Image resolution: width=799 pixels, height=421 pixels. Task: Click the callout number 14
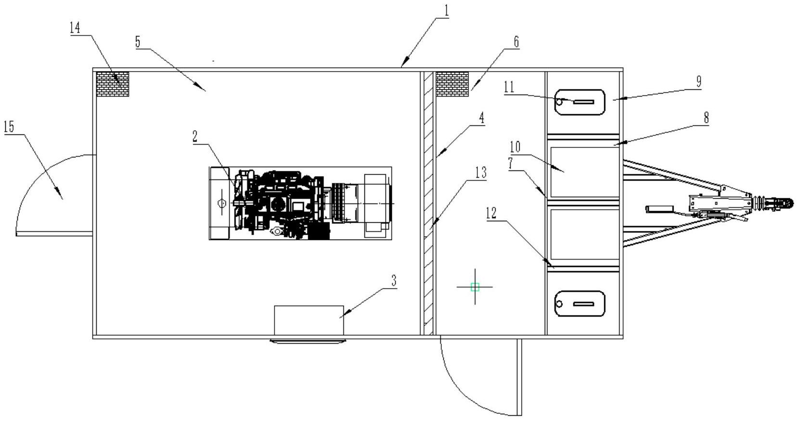(75, 28)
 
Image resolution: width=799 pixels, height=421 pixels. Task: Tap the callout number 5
(137, 42)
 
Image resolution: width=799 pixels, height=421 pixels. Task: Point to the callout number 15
(9, 127)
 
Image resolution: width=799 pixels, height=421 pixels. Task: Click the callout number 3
(394, 281)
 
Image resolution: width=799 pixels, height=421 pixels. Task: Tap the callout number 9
(699, 82)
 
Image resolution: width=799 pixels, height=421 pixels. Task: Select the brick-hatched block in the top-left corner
(112, 84)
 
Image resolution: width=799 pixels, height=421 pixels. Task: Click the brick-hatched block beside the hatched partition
(452, 84)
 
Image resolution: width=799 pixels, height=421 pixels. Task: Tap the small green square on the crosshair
(475, 287)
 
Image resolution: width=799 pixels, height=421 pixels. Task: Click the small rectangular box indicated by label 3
(309, 320)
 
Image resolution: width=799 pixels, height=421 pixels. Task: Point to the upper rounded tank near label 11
(579, 102)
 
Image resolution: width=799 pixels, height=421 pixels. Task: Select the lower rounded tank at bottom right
(579, 303)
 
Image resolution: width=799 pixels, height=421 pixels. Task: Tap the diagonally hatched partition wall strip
(427, 202)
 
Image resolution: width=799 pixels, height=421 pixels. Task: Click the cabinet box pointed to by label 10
(584, 172)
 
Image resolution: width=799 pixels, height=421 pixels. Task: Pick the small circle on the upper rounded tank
(560, 101)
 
